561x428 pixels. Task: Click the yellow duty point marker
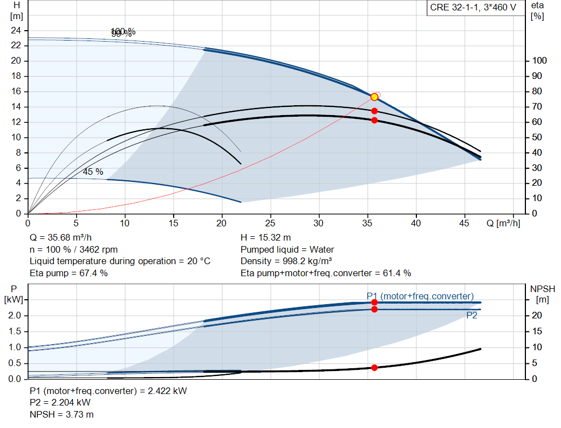coord(374,97)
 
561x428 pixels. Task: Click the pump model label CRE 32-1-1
coord(471,8)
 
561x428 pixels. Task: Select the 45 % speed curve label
coord(93,172)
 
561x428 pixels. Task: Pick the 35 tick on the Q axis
coord(368,223)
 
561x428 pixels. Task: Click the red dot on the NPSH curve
coord(374,368)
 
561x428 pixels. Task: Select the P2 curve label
coord(472,316)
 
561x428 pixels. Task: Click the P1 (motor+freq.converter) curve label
coord(420,296)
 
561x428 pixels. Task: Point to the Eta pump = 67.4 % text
coord(68,273)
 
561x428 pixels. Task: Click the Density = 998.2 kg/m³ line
coord(287,261)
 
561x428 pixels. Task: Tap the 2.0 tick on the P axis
coord(14,316)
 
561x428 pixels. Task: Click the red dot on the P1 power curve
coord(374,303)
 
